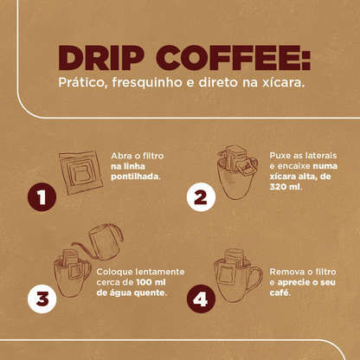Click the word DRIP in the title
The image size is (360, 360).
[101, 59]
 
